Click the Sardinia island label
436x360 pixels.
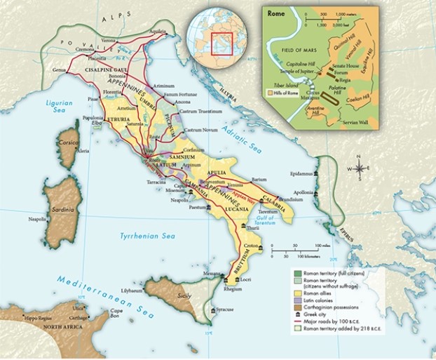click(57, 208)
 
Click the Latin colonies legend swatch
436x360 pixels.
click(299, 300)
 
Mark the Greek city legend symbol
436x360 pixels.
click(299, 315)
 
